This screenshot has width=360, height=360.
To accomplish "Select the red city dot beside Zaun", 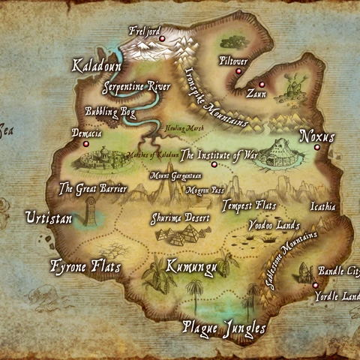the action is pyautogui.click(x=262, y=84).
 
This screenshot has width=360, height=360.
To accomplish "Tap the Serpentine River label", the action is pyautogui.click(x=136, y=87).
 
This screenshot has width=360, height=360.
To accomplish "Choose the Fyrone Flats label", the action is pyautogui.click(x=85, y=266).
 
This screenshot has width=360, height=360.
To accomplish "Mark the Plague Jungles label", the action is pyautogui.click(x=224, y=328).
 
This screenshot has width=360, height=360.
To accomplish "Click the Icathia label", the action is pyautogui.click(x=322, y=206).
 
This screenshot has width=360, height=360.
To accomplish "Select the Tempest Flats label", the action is pyautogui.click(x=249, y=205).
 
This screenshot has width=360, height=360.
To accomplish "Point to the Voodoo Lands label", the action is pyautogui.click(x=274, y=225).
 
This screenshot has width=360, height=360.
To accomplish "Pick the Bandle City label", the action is pyautogui.click(x=339, y=271).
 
